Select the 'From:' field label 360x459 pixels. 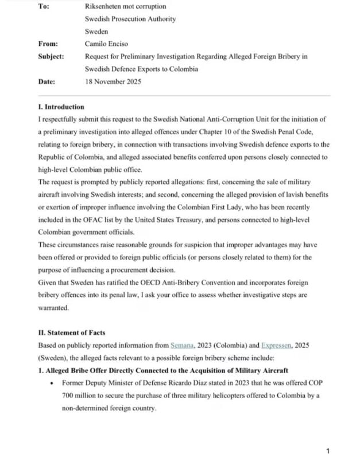click(48, 44)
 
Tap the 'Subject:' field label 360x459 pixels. click(51, 56)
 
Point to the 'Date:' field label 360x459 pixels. click(47, 81)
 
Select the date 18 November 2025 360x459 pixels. click(113, 81)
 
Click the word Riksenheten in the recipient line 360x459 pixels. click(104, 6)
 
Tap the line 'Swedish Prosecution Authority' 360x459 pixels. click(130, 19)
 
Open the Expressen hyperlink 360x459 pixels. click(279, 345)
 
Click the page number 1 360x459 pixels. click(328, 451)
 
